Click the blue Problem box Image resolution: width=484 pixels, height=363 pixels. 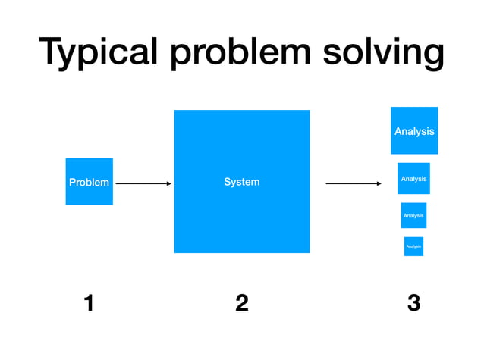pyautogui.click(x=89, y=182)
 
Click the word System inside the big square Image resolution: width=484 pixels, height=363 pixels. pyautogui.click(x=241, y=182)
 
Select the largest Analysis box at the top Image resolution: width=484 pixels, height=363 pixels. pyautogui.click(x=414, y=130)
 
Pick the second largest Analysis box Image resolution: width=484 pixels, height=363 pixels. pyautogui.click(x=413, y=178)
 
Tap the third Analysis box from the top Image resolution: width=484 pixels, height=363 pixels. pyautogui.click(x=413, y=215)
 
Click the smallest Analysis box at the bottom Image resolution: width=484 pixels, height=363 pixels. pyautogui.click(x=413, y=246)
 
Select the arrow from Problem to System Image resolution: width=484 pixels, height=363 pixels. pyautogui.click(x=143, y=183)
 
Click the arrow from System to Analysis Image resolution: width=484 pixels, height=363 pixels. pyautogui.click(x=352, y=183)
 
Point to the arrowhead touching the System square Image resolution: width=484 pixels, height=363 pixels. pyautogui.click(x=168, y=183)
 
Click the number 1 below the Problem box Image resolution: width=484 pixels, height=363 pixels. pyautogui.click(x=89, y=303)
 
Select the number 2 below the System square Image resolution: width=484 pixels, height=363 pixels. pyautogui.click(x=241, y=303)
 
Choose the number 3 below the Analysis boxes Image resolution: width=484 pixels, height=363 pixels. pyautogui.click(x=413, y=303)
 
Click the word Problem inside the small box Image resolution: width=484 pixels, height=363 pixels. pyautogui.click(x=89, y=182)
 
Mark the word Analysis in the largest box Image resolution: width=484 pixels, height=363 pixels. pyautogui.click(x=414, y=131)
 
